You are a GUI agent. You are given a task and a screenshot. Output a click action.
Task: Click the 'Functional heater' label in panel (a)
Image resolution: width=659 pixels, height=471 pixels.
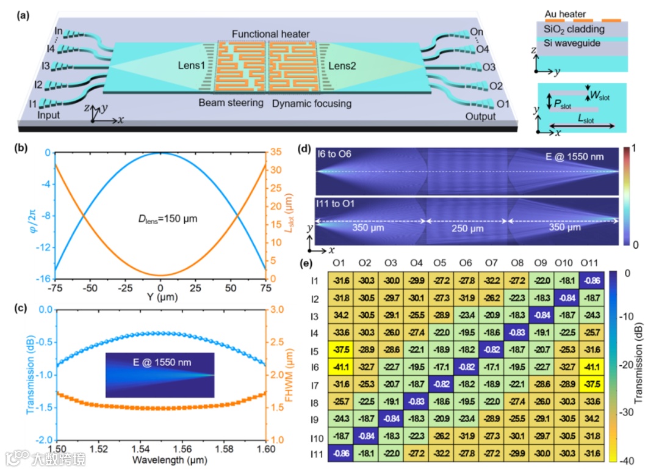point(271,34)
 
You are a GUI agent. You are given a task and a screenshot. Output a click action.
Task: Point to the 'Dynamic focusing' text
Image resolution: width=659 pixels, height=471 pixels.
point(312,103)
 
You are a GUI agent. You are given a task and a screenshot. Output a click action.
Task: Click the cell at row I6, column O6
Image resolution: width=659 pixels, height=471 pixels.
point(466,368)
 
